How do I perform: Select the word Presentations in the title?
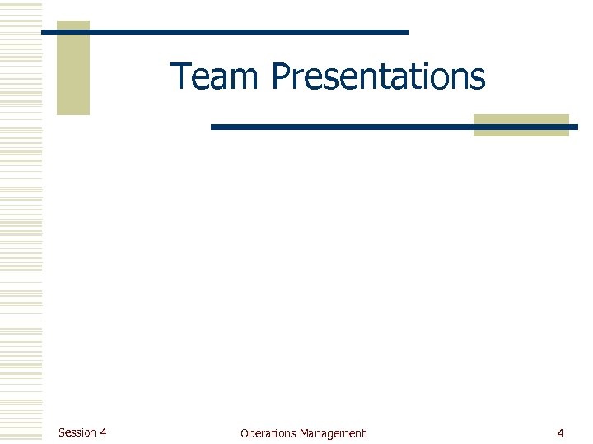pos(378,77)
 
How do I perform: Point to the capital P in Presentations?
pos(280,77)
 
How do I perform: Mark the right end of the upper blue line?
pos(406,31)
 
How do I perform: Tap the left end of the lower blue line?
pos(213,127)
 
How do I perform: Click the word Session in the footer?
pos(77,432)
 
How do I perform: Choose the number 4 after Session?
pos(103,432)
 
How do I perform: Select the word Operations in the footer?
pos(268,433)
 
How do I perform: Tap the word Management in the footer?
pos(333,433)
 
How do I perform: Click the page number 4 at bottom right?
pos(560,433)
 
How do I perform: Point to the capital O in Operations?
pos(245,433)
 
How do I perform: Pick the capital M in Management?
pos(305,433)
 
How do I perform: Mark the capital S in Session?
pos(62,432)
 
